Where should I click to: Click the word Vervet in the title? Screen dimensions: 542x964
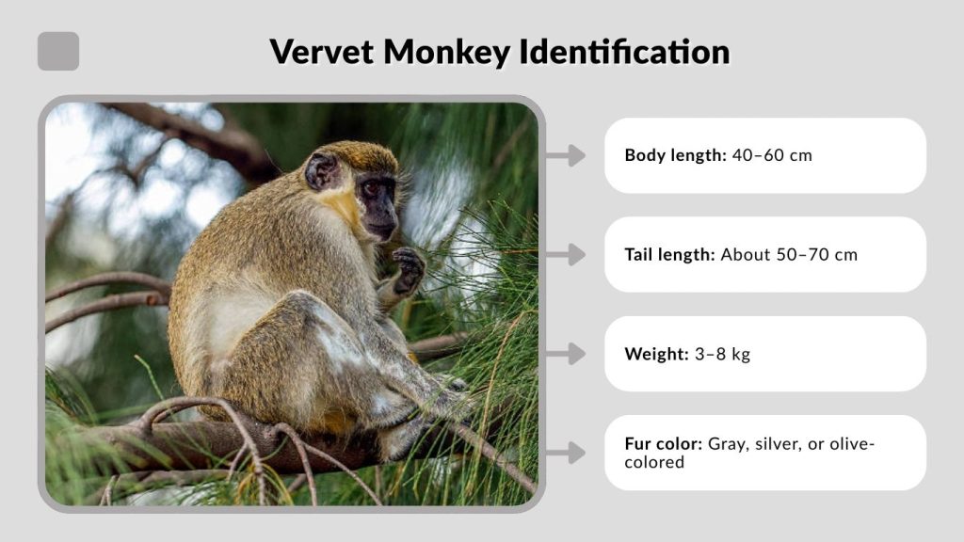click(x=320, y=52)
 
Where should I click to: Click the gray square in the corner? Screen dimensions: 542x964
click(x=58, y=52)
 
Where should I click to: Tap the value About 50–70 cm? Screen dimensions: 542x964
click(x=789, y=254)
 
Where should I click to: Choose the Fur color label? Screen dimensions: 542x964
click(x=664, y=443)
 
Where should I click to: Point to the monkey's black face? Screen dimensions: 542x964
click(x=378, y=202)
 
